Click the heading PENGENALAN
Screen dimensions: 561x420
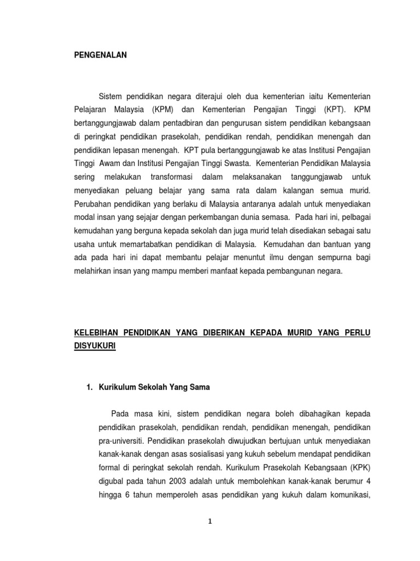point(100,55)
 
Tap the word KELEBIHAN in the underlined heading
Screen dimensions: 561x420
point(97,333)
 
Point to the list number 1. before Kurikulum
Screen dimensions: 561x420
point(90,387)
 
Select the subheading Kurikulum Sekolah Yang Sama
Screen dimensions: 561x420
point(154,387)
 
